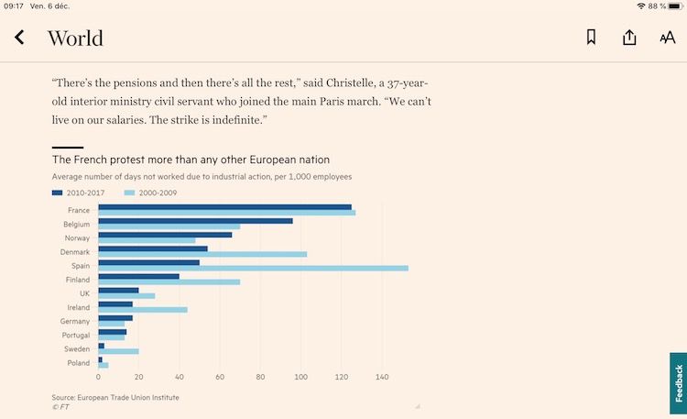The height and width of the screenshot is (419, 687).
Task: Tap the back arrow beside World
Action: click(x=19, y=38)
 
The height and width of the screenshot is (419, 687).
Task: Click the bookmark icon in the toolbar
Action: click(x=591, y=38)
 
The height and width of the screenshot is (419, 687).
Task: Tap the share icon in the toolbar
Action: click(x=629, y=38)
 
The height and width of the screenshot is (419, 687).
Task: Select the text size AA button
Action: click(x=667, y=38)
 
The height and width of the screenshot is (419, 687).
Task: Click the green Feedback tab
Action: click(x=678, y=382)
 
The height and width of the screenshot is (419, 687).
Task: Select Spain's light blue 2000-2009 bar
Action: click(x=253, y=268)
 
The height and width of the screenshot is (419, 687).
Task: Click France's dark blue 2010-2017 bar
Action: click(x=224, y=206)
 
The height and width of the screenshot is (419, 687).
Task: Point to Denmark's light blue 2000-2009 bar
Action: click(x=202, y=254)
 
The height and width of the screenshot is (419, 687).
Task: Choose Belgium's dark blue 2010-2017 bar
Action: click(x=195, y=221)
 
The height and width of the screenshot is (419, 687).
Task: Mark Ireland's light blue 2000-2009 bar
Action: click(x=142, y=310)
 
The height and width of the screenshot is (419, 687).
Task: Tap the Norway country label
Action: click(x=77, y=238)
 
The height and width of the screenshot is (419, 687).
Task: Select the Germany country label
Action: click(x=75, y=322)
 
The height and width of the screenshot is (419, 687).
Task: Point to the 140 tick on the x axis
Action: click(x=382, y=377)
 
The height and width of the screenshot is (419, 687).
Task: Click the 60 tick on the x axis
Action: click(x=220, y=377)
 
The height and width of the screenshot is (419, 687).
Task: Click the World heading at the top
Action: click(x=75, y=38)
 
